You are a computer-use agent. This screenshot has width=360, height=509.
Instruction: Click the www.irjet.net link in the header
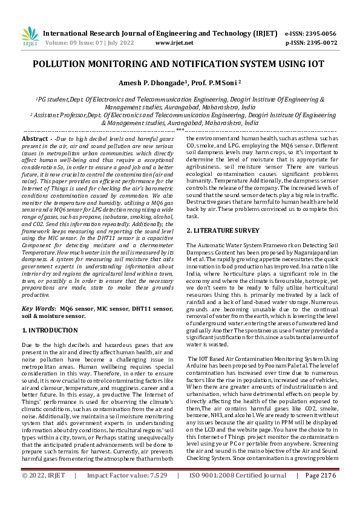click(174, 43)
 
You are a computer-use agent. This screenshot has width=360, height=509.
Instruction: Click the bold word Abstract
click(36, 138)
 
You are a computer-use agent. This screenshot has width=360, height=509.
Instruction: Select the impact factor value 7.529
click(154, 493)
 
